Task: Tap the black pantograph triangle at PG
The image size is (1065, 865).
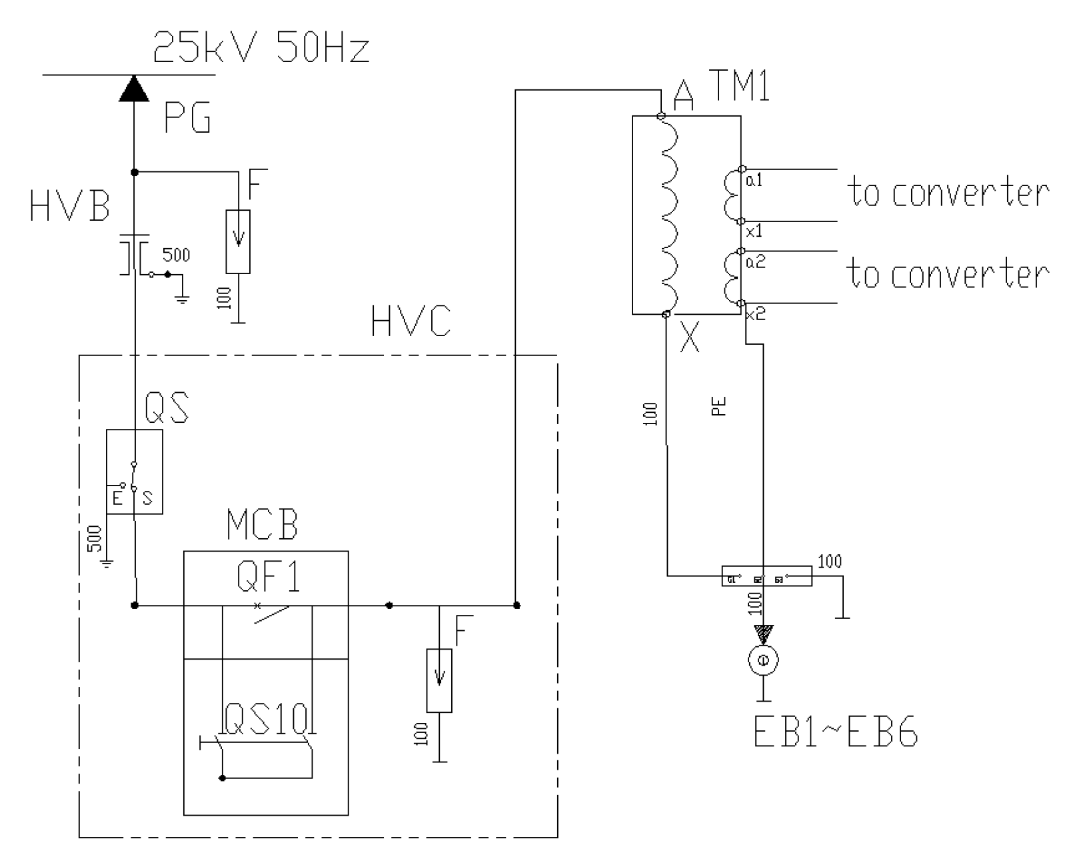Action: click(x=135, y=89)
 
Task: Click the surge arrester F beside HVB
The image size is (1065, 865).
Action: click(x=238, y=241)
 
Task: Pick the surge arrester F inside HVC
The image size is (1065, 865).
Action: click(x=439, y=680)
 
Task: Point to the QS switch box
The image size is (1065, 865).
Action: click(x=135, y=471)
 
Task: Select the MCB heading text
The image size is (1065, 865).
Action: click(x=262, y=525)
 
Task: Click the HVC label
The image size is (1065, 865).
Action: click(x=411, y=322)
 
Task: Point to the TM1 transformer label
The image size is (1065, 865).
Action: click(x=739, y=85)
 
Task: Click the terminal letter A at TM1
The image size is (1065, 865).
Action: click(x=684, y=95)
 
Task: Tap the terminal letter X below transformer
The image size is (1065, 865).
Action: click(x=690, y=338)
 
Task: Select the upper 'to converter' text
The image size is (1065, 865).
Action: click(x=948, y=192)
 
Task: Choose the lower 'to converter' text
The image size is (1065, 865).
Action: click(x=948, y=273)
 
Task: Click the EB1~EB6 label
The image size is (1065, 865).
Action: click(x=836, y=732)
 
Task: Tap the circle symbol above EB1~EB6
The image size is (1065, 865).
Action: click(x=763, y=660)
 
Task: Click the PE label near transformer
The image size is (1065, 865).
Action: click(x=719, y=406)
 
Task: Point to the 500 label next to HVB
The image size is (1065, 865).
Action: click(x=176, y=255)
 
